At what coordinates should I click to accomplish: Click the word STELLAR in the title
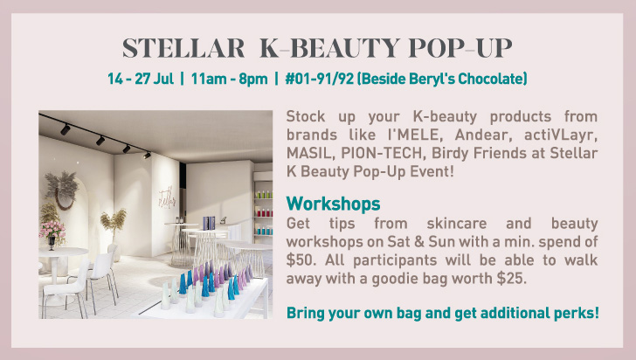click(183, 48)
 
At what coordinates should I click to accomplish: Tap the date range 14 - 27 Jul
click(141, 79)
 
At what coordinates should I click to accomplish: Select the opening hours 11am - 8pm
click(229, 79)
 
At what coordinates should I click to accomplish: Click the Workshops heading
click(334, 204)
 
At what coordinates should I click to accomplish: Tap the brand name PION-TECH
click(381, 153)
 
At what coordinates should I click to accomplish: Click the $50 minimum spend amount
click(301, 260)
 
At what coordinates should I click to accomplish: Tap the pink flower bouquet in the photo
click(52, 230)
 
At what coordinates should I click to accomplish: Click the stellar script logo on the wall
click(167, 197)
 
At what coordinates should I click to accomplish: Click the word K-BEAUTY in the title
click(329, 48)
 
